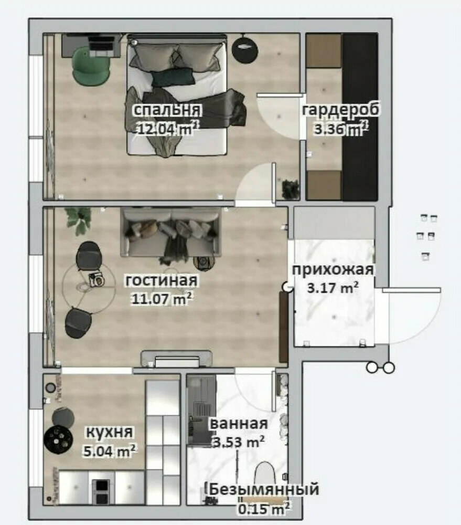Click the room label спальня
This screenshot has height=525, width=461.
coord(167,110)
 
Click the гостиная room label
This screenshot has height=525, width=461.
coord(162,280)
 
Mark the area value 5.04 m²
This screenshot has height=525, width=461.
coord(110,450)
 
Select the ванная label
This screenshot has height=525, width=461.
coord(239,424)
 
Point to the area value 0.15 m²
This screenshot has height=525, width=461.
coord(265,508)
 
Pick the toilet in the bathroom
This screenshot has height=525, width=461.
coord(270,475)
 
